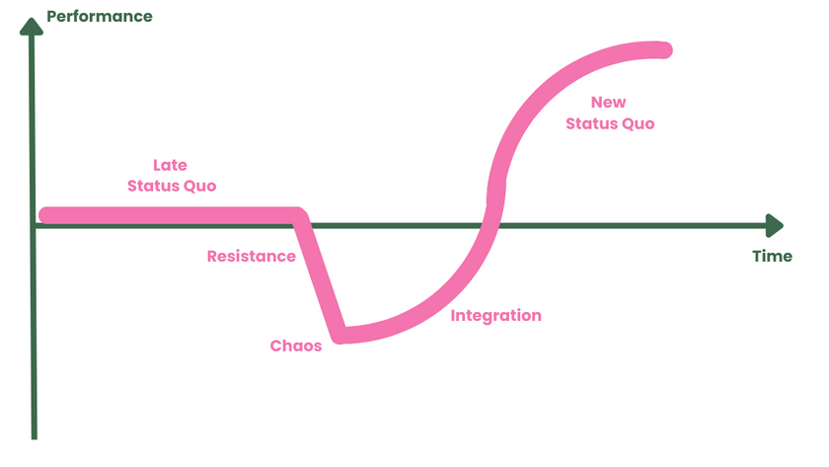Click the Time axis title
pyautogui.click(x=772, y=257)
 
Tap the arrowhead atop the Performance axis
pyautogui.click(x=34, y=23)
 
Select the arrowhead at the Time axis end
pyautogui.click(x=775, y=226)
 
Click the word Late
pyautogui.click(x=170, y=165)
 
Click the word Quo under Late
pyautogui.click(x=200, y=186)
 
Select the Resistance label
pyautogui.click(x=251, y=257)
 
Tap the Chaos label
pyautogui.click(x=296, y=347)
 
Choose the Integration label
pyautogui.click(x=495, y=316)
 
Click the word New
pyautogui.click(x=608, y=103)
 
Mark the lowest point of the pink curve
pyautogui.click(x=340, y=335)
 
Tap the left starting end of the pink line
pyautogui.click(x=45, y=214)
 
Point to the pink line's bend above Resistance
pyautogui.click(x=298, y=215)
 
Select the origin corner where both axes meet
pyautogui.click(x=34, y=226)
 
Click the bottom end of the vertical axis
pyautogui.click(x=34, y=435)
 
